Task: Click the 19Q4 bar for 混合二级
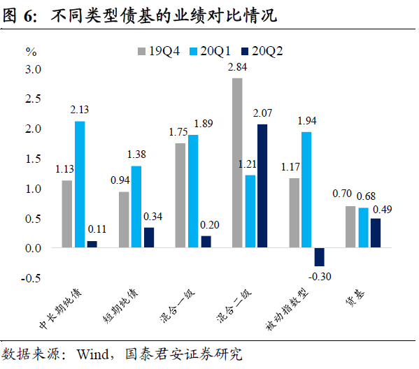[x=237, y=163]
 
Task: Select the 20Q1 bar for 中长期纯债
[x=80, y=184]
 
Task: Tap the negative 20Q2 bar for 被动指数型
[x=319, y=257]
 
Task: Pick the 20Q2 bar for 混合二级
[x=262, y=186]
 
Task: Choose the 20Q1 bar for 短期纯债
[x=136, y=207]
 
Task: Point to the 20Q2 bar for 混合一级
[x=205, y=242]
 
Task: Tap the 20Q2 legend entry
[x=265, y=50]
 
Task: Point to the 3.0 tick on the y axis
[x=34, y=69]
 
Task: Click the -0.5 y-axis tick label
[x=32, y=278]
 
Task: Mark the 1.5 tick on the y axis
[x=34, y=159]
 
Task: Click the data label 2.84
[x=238, y=68]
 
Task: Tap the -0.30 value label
[x=320, y=277]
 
